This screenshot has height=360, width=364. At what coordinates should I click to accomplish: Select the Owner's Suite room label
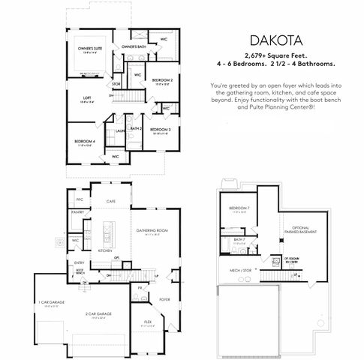click(90, 49)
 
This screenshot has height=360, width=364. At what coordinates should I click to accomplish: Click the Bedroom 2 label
click(162, 79)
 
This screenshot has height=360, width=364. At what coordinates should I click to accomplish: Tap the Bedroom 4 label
click(84, 141)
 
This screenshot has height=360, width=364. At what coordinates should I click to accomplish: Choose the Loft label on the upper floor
click(88, 97)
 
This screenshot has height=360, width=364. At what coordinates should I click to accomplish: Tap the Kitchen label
click(105, 250)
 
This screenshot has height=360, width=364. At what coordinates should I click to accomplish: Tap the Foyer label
click(165, 298)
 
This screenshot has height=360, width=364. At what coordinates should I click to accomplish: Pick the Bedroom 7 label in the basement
click(239, 207)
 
